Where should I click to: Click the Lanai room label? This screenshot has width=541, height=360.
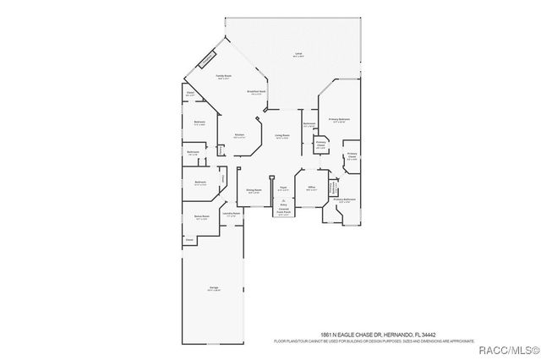(x=298, y=55)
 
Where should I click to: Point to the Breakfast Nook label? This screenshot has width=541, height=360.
(x=257, y=92)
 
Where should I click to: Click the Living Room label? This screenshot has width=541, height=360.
(x=282, y=135)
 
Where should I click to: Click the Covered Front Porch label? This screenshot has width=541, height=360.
(x=284, y=210)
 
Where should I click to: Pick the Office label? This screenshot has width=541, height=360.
(x=311, y=188)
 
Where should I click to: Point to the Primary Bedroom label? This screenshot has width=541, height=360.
(x=339, y=120)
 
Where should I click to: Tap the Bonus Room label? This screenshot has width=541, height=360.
(x=201, y=217)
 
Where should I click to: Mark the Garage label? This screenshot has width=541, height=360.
(x=214, y=288)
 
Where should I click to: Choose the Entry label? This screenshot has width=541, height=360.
(x=284, y=204)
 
